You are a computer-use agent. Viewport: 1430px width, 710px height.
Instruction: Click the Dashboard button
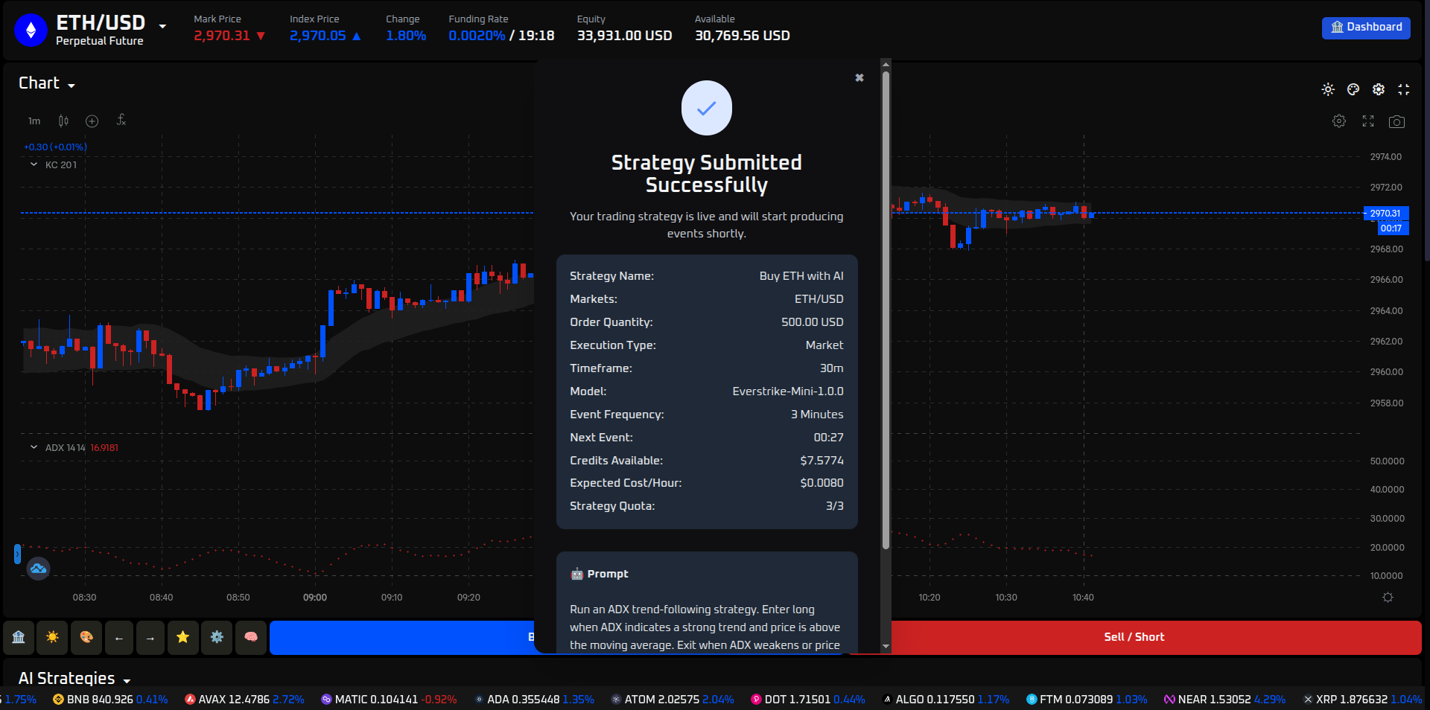pos(1366,28)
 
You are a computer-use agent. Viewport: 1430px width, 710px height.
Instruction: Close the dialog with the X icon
pos(859,77)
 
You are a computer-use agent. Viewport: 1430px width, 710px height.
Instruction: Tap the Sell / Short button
pos(1134,637)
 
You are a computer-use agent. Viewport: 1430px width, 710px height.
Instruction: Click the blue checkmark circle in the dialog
pos(706,109)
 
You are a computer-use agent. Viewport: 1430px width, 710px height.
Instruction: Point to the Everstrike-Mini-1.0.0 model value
pos(787,391)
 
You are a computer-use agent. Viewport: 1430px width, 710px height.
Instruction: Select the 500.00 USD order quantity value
pos(812,322)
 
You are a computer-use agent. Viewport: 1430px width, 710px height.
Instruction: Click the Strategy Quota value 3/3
pos(834,506)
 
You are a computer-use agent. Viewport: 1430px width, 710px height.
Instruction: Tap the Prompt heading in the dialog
pos(607,574)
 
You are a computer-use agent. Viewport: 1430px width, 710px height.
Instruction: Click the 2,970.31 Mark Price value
pos(222,36)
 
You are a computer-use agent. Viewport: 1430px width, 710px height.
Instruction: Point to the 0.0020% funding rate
pos(477,36)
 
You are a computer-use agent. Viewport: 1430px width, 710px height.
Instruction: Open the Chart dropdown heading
pos(46,83)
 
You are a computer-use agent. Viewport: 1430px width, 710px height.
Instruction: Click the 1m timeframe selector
pos(34,121)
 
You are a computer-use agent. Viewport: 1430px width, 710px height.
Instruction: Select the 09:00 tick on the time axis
pos(315,598)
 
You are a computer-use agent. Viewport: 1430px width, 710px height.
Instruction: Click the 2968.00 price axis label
pos(1386,249)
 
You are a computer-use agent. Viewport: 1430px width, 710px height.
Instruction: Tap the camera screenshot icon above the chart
pos(1396,121)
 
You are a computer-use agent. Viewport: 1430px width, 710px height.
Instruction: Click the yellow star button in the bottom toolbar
pos(182,637)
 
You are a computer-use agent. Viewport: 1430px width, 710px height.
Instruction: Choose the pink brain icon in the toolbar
pos(251,637)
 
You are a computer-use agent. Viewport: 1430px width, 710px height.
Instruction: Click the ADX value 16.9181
pos(104,448)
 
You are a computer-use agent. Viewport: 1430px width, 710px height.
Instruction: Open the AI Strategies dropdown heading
pos(74,679)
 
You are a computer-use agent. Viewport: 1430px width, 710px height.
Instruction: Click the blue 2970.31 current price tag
pos(1385,214)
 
